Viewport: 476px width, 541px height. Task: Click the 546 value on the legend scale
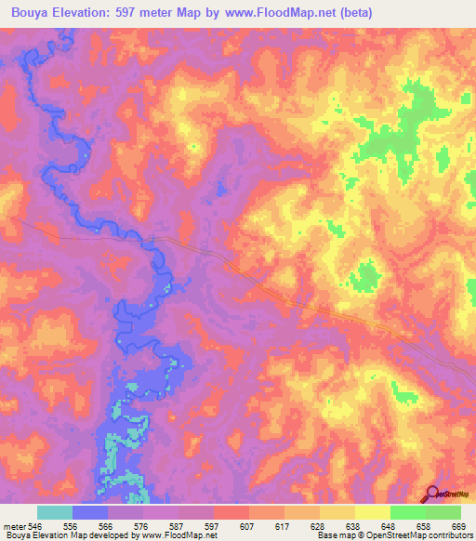coord(37,526)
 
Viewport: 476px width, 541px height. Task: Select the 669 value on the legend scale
coord(460,526)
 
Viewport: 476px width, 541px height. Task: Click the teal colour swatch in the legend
coord(55,512)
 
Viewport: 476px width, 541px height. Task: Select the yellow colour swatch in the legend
coord(372,512)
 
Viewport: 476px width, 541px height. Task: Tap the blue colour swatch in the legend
coord(90,512)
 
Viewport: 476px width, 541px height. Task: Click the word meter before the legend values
coord(13,526)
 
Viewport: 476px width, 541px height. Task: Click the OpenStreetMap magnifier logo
coord(431,495)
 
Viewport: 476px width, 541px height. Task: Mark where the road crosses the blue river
coord(152,240)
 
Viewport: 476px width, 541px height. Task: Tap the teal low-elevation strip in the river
coord(112,455)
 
